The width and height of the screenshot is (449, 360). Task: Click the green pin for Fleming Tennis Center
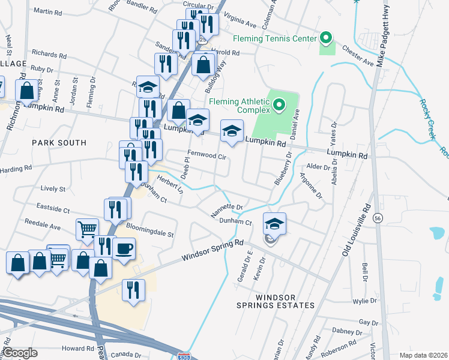point(326,39)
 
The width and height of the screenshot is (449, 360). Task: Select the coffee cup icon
point(124,248)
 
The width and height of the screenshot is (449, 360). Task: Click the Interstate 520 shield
point(185,356)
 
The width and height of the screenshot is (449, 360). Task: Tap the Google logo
point(20,353)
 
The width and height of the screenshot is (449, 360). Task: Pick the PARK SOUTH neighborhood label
point(59,143)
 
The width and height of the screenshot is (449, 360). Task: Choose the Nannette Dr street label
point(226,210)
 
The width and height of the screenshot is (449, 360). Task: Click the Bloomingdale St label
point(149,230)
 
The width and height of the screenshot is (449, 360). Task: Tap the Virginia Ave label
point(241,22)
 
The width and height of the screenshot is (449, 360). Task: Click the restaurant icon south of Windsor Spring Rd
point(133,289)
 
